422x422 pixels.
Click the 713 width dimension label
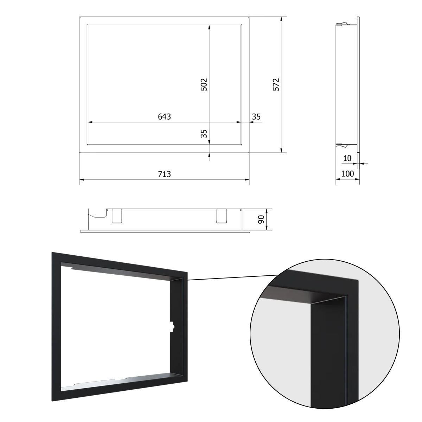pyautogui.click(x=164, y=174)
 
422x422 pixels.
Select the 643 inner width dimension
pyautogui.click(x=164, y=116)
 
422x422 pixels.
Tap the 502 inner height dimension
pyautogui.click(x=204, y=84)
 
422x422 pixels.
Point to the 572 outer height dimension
pyautogui.click(x=276, y=84)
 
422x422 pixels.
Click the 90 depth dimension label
pyautogui.click(x=261, y=219)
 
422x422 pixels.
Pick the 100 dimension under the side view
pyautogui.click(x=347, y=174)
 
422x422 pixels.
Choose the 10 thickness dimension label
pyautogui.click(x=347, y=158)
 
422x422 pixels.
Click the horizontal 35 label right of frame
pyautogui.click(x=256, y=117)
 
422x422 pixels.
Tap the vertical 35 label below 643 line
pyautogui.click(x=204, y=134)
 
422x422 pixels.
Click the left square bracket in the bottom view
pyautogui.click(x=117, y=216)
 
